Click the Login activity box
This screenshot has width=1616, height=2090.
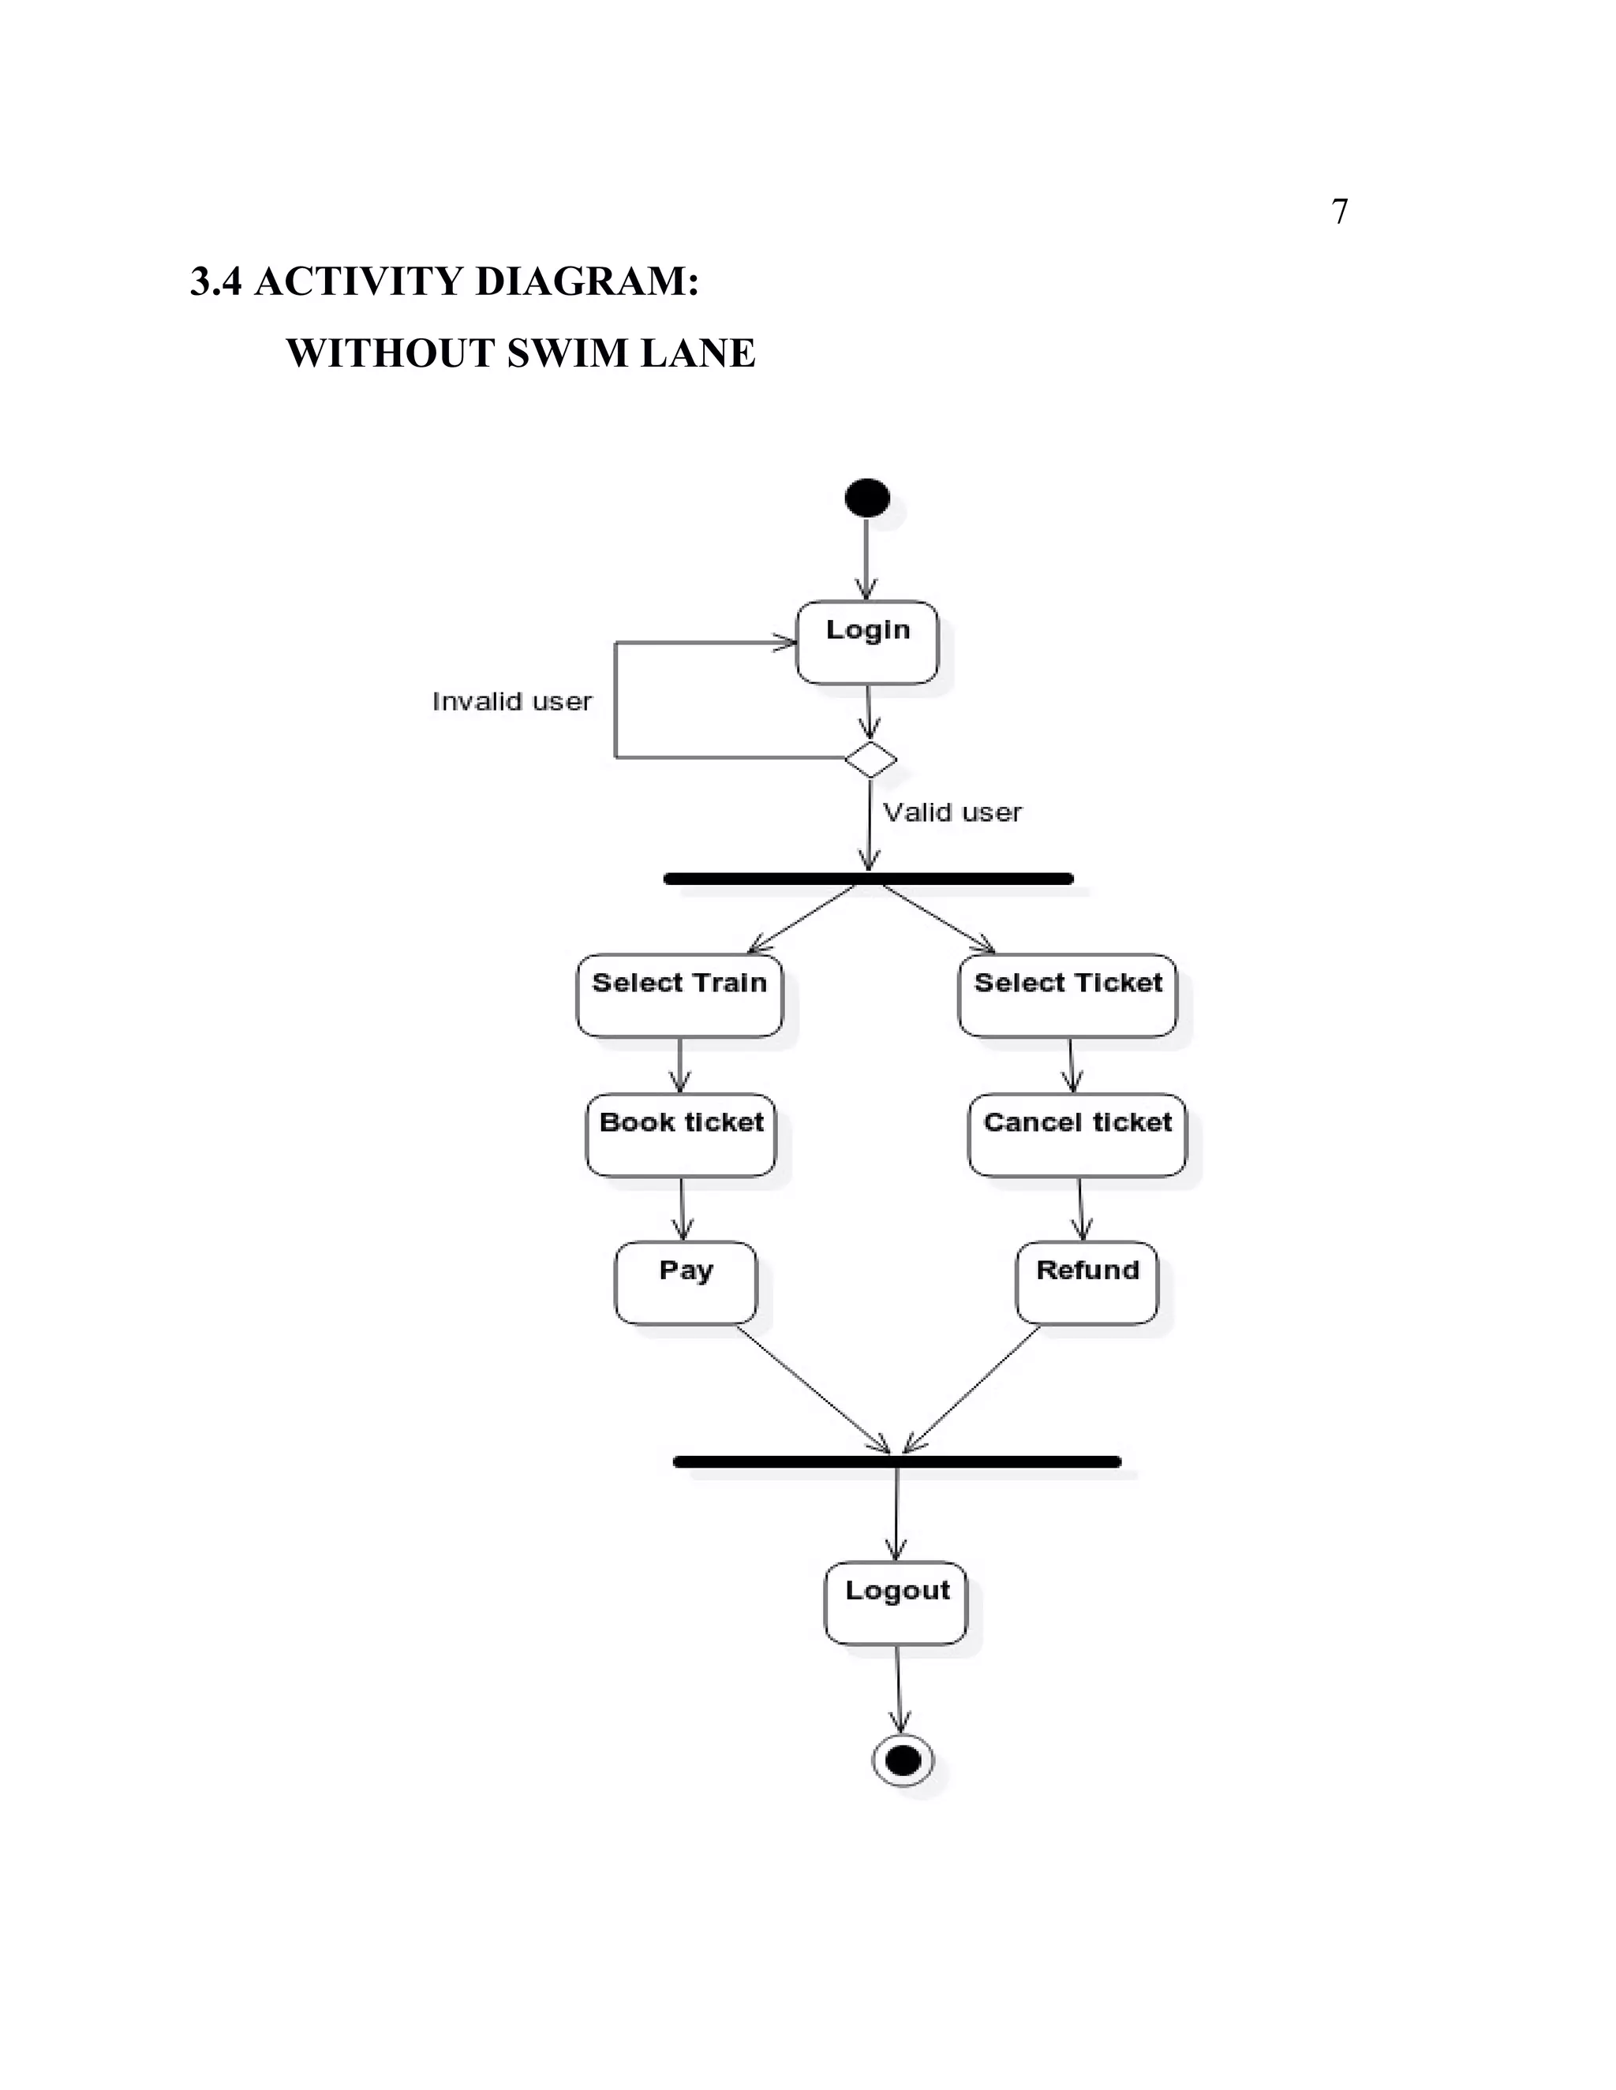click(x=866, y=642)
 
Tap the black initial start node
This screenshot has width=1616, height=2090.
click(x=867, y=498)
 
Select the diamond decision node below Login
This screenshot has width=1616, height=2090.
click(x=870, y=759)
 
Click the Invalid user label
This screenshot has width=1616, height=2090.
click(x=512, y=701)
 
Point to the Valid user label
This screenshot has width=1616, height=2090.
click(x=952, y=812)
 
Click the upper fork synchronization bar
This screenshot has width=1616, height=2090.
click(x=868, y=879)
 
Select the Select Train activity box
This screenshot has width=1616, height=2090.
click(x=679, y=995)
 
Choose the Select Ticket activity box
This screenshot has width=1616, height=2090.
click(x=1068, y=995)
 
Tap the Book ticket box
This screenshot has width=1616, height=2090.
click(x=681, y=1135)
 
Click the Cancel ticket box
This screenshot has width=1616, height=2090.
click(x=1077, y=1135)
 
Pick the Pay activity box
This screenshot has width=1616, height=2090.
click(x=686, y=1283)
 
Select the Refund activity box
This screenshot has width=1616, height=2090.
click(x=1087, y=1283)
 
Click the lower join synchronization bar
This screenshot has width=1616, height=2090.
click(x=897, y=1461)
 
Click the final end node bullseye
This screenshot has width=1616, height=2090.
click(x=903, y=1759)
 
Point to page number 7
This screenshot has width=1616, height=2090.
click(x=1339, y=211)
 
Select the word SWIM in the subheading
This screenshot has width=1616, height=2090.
click(x=569, y=353)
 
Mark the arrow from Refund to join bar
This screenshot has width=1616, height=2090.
click(x=971, y=1387)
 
